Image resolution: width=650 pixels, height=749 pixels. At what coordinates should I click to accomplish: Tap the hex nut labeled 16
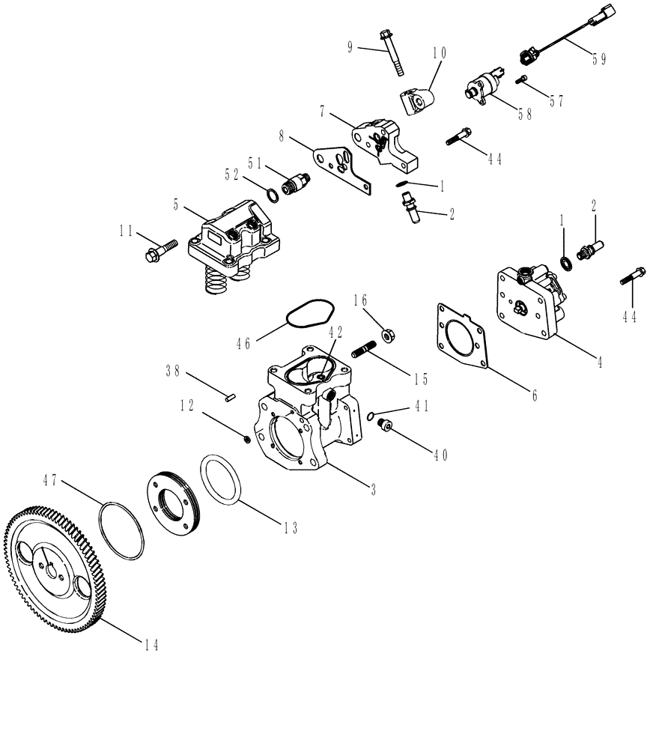[x=389, y=332]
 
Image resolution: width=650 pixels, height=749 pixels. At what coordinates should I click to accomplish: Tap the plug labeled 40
[x=386, y=426]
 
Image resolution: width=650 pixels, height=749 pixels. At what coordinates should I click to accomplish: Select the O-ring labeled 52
[x=273, y=195]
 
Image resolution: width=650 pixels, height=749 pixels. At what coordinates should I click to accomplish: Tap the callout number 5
[x=175, y=202]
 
